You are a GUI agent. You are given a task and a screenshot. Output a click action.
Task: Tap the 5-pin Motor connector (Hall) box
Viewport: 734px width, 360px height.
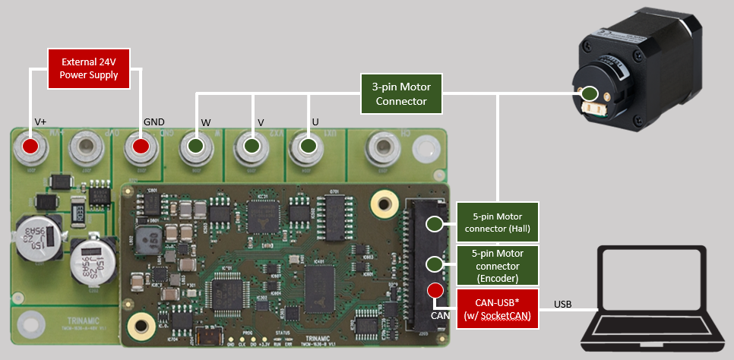click(497, 223)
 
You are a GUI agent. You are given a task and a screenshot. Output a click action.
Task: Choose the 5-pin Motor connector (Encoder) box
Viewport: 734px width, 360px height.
click(497, 265)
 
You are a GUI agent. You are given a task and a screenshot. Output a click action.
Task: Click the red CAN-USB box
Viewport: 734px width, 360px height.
click(497, 308)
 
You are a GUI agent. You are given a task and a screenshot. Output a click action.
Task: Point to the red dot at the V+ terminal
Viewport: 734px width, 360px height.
click(30, 146)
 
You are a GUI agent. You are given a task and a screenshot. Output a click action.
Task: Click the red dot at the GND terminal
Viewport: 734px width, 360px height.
click(141, 146)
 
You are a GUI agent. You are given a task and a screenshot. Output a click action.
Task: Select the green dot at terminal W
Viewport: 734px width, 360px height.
click(196, 146)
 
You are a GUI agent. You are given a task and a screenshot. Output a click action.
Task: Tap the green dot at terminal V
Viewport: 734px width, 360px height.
click(252, 146)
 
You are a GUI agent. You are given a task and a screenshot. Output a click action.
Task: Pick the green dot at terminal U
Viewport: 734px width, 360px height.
click(307, 146)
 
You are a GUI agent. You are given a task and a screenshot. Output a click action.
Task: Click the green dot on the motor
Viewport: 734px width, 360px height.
click(590, 94)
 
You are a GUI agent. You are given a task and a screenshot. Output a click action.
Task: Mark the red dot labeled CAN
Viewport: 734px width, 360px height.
click(435, 290)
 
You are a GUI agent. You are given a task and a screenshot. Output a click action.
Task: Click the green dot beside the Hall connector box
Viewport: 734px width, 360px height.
click(435, 223)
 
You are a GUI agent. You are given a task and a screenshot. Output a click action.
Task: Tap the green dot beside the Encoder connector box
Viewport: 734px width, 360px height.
click(435, 264)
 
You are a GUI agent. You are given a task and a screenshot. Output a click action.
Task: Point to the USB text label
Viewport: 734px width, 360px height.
click(563, 304)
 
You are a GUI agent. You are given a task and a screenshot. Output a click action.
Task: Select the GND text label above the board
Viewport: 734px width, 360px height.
click(153, 122)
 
